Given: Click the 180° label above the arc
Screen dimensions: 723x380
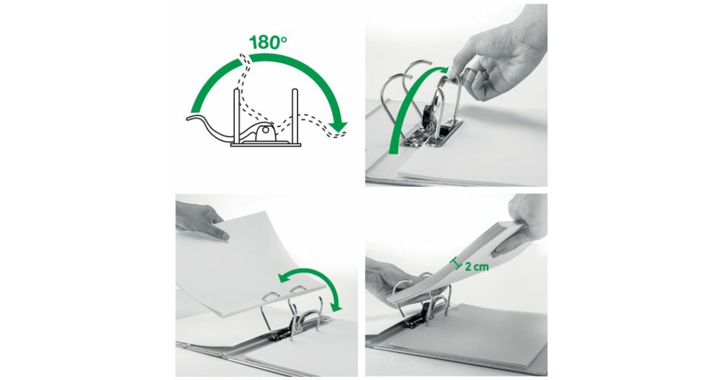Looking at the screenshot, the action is pyautogui.click(x=268, y=43).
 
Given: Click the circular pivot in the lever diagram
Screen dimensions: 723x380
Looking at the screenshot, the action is pyautogui.click(x=265, y=130).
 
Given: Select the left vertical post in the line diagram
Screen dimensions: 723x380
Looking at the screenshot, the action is pyautogui.click(x=237, y=116).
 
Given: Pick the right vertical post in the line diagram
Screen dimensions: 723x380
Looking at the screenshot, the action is pyautogui.click(x=295, y=116).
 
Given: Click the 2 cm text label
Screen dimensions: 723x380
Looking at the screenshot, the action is pyautogui.click(x=477, y=267).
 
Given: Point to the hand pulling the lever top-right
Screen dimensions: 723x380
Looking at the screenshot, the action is pyautogui.click(x=500, y=58).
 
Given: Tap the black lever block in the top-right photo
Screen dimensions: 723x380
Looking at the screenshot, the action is pyautogui.click(x=428, y=115).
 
